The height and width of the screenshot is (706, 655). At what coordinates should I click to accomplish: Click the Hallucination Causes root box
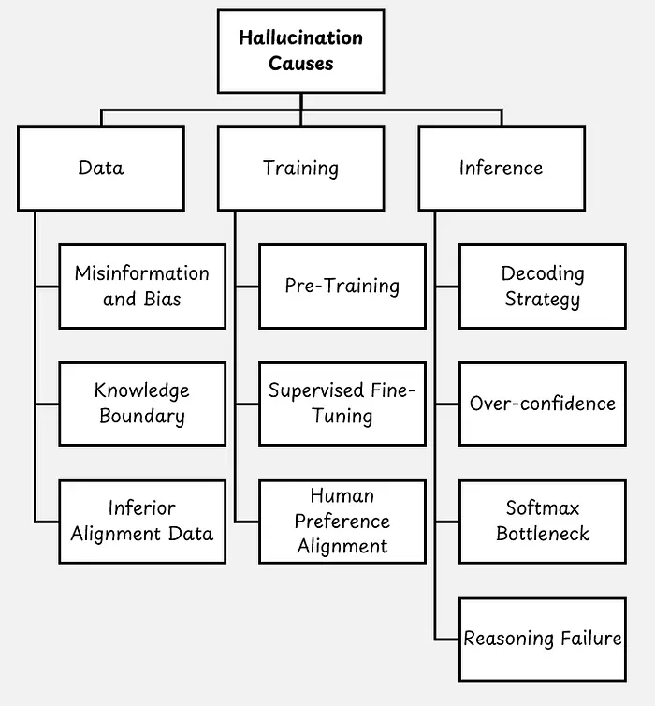(x=300, y=51)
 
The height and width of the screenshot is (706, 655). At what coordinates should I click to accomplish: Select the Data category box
(x=100, y=169)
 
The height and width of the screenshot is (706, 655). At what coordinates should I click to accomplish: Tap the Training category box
(x=300, y=169)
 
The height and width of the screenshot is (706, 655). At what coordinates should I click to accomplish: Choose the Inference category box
(x=501, y=169)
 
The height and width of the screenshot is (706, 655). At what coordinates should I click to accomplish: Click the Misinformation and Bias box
(x=142, y=287)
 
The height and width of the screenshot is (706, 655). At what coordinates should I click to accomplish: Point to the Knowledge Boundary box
(x=142, y=404)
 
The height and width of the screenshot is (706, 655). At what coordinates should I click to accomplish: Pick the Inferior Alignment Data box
(x=142, y=522)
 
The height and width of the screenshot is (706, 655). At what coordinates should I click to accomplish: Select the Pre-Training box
(x=342, y=287)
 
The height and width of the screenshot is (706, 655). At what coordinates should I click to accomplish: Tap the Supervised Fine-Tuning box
(x=342, y=404)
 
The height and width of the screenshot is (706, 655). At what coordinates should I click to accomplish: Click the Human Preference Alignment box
(x=342, y=522)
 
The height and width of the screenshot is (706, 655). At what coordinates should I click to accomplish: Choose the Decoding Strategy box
(x=543, y=287)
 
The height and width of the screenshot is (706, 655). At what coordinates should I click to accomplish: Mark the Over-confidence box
(x=543, y=404)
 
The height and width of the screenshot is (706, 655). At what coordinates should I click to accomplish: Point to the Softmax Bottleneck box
(x=543, y=522)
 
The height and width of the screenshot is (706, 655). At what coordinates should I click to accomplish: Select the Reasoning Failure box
(x=543, y=640)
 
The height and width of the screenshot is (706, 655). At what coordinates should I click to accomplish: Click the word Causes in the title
(x=300, y=65)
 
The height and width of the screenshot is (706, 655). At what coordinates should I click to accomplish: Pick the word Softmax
(x=543, y=508)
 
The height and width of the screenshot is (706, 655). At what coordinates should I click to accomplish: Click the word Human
(x=342, y=496)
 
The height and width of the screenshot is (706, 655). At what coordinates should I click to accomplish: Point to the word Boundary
(x=142, y=417)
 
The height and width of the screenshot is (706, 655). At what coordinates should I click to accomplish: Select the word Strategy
(x=543, y=300)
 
